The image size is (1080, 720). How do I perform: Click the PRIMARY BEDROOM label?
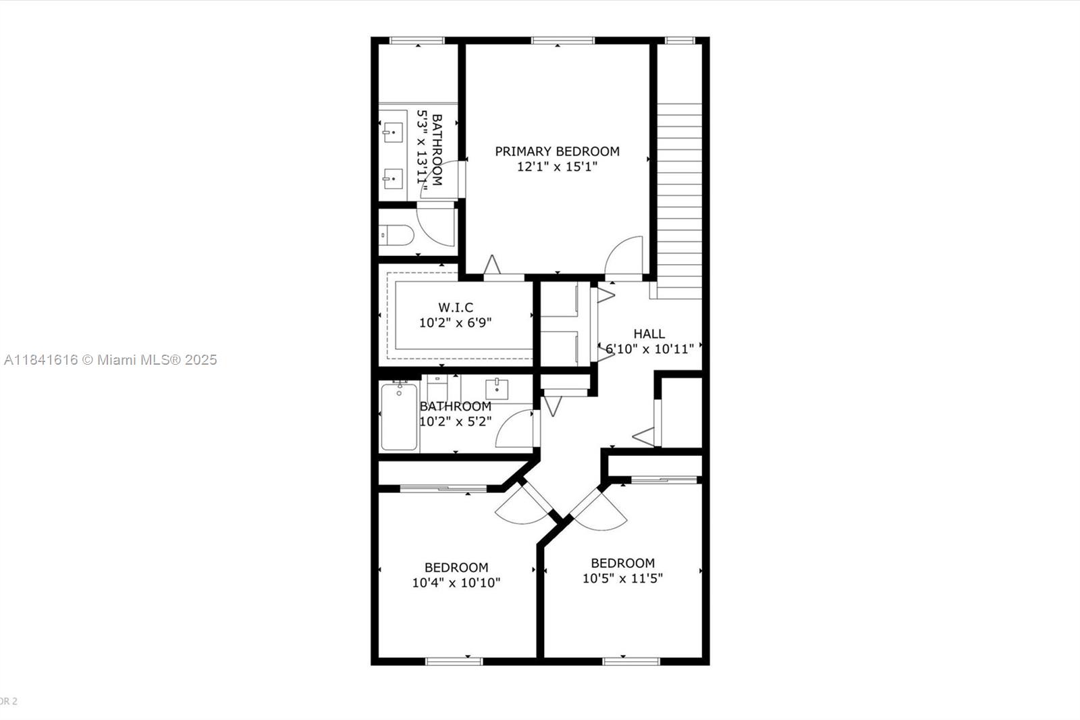coord(557,151)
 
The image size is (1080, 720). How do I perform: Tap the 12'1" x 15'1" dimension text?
coord(557,167)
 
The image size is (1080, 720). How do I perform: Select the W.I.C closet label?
coord(456,308)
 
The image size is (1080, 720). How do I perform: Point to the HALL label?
coord(649,334)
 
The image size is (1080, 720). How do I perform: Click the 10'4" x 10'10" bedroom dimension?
coord(456,582)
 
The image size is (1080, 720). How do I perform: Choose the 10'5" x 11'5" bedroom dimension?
coord(622,578)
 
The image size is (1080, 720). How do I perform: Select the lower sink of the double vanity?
coord(393,179)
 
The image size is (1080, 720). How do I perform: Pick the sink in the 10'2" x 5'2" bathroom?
coord(497,389)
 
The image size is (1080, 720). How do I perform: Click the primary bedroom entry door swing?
coord(625,256)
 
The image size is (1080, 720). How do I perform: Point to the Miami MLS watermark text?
coord(110,360)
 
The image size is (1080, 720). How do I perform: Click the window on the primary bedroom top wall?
coord(562,41)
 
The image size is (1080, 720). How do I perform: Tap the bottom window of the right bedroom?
coord(630,661)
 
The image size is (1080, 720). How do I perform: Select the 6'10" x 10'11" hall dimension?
coord(649,349)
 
